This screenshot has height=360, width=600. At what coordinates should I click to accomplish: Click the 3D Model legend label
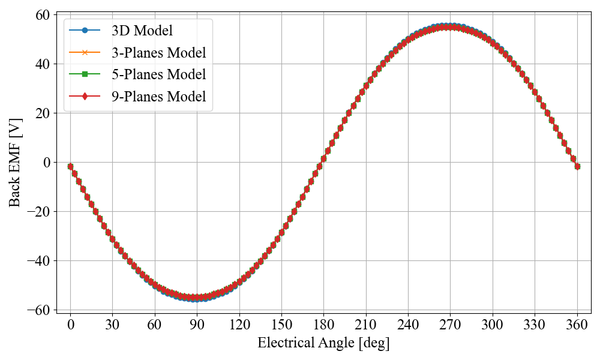[x=142, y=30]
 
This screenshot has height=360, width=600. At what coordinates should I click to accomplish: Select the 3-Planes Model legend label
[x=158, y=52]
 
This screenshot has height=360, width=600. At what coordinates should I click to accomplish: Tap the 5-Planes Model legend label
[x=158, y=74]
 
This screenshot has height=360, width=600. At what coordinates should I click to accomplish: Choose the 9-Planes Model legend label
[x=158, y=97]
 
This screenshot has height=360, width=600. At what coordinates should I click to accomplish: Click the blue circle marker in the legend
[x=85, y=30]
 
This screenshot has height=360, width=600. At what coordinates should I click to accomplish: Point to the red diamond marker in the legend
[x=85, y=97]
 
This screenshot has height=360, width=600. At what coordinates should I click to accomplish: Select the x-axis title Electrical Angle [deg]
[x=323, y=343]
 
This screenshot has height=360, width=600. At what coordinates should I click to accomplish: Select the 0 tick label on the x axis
[x=70, y=325]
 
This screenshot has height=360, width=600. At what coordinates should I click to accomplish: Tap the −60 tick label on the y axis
[x=40, y=310]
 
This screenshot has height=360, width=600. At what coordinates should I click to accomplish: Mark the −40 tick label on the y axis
[x=40, y=261]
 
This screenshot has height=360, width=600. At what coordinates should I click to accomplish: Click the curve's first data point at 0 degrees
[x=70, y=166]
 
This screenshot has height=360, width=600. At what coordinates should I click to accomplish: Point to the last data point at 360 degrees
[x=577, y=166]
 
